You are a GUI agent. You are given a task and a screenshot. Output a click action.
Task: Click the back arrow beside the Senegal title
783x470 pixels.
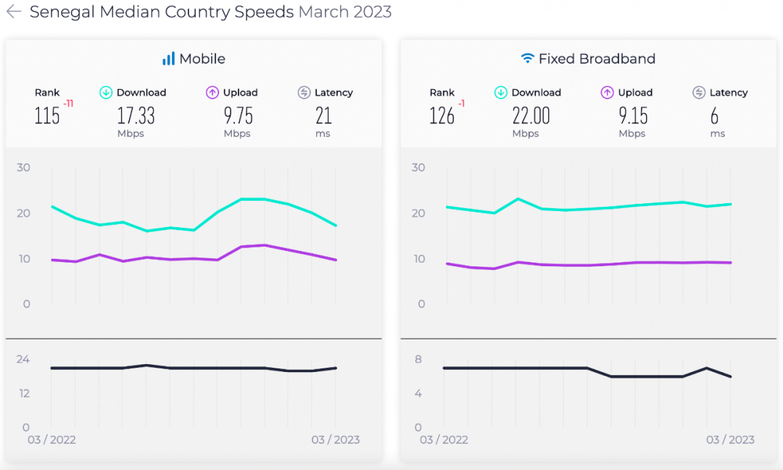[x=14, y=12]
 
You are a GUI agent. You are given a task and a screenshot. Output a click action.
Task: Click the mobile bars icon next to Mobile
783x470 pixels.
[x=168, y=59]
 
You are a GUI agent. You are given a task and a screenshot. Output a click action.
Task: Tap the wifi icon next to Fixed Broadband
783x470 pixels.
[x=528, y=59]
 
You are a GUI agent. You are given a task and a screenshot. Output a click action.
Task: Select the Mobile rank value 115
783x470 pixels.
[x=47, y=115]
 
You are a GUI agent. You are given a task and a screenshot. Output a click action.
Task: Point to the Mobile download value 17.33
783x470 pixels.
[x=136, y=115]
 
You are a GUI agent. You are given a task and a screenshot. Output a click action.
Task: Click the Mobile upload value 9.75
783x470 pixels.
[x=237, y=115]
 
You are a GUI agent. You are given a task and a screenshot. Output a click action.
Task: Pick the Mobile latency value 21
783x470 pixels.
[x=323, y=115]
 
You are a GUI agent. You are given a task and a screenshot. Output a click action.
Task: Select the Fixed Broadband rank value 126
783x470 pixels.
[x=442, y=115]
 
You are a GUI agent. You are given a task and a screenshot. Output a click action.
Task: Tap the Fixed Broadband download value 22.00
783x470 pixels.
[x=531, y=115]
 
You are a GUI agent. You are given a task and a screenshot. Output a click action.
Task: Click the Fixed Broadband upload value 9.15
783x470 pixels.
[x=632, y=115]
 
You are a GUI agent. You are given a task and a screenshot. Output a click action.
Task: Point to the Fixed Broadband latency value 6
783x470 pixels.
[x=715, y=115]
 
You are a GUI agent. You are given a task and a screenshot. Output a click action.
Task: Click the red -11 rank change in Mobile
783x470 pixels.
[x=68, y=104]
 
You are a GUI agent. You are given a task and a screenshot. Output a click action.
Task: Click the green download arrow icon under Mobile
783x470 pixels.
[x=106, y=92]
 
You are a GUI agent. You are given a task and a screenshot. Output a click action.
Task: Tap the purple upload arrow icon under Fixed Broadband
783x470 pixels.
[x=608, y=92]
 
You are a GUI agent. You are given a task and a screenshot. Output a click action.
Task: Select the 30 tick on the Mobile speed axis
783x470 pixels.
[x=23, y=168]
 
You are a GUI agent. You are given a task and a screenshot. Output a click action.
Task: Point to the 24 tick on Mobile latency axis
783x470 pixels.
[x=23, y=359]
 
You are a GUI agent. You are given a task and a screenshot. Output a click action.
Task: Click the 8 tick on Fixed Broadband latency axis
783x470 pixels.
[x=418, y=359]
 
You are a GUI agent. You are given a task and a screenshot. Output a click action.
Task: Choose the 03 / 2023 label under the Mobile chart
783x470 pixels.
[x=336, y=440]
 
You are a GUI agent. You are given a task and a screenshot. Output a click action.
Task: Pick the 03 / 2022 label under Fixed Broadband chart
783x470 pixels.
[x=444, y=440]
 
